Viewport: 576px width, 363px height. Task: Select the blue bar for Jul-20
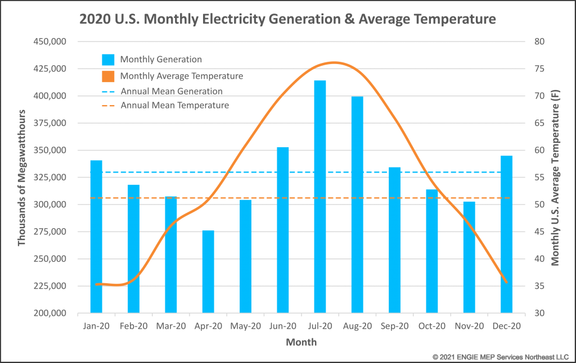pos(320,197)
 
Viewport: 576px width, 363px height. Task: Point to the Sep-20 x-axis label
pos(395,326)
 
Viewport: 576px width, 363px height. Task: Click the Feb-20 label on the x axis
pos(134,326)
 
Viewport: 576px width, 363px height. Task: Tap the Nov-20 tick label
pos(469,326)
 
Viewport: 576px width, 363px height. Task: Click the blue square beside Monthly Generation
pos(108,60)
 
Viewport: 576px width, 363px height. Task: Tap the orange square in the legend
pos(108,76)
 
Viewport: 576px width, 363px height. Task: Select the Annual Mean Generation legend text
pos(172,91)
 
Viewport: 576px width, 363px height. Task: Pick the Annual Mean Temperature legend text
pos(174,105)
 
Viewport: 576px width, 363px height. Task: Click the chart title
pos(287,20)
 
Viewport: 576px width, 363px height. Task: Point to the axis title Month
pos(301,342)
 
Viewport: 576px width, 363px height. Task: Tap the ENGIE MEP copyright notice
pos(501,357)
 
